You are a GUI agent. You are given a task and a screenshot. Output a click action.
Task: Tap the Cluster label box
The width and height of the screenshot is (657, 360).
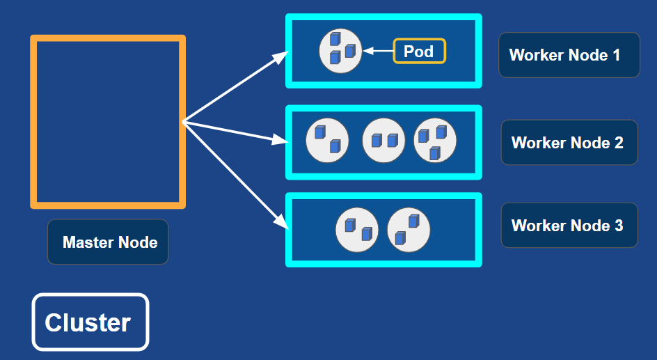click(90, 322)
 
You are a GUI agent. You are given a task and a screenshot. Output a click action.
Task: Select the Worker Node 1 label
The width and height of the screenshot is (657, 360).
click(569, 55)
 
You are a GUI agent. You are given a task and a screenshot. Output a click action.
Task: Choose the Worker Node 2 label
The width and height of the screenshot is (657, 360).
click(569, 143)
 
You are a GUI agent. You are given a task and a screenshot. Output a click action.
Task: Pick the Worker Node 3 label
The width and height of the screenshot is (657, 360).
click(569, 225)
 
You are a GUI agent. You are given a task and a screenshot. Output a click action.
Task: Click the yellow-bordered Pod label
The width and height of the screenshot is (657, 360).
click(419, 51)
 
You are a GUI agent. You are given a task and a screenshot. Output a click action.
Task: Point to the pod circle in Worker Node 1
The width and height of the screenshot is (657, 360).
click(340, 51)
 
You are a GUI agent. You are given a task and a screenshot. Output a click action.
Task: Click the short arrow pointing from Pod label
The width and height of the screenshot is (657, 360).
click(378, 51)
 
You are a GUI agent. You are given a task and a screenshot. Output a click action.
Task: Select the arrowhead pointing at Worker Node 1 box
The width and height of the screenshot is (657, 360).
click(280, 56)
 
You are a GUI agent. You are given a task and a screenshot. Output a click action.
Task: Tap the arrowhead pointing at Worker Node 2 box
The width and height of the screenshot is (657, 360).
click(280, 139)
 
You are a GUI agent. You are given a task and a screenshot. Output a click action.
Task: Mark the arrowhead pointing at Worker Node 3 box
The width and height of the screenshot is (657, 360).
click(281, 221)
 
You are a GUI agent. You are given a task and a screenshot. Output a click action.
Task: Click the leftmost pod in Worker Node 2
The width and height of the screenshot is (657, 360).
click(327, 141)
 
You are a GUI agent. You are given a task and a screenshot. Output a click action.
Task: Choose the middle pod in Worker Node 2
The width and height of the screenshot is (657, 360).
click(383, 141)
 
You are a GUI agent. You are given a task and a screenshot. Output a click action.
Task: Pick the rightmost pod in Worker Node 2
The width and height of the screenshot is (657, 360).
click(435, 141)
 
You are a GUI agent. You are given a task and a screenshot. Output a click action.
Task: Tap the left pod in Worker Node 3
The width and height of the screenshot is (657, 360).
click(357, 230)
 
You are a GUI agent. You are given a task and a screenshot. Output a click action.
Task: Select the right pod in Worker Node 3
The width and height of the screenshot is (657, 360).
click(409, 230)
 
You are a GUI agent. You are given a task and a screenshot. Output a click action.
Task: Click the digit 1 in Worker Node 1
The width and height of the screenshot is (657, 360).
click(616, 55)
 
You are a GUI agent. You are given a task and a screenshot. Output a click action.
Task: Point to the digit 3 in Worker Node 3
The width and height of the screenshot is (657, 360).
click(619, 226)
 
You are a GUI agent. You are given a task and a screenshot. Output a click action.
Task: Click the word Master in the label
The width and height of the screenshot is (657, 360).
click(88, 242)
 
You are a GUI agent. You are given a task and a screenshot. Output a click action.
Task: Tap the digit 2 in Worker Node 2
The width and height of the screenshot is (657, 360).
click(619, 143)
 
